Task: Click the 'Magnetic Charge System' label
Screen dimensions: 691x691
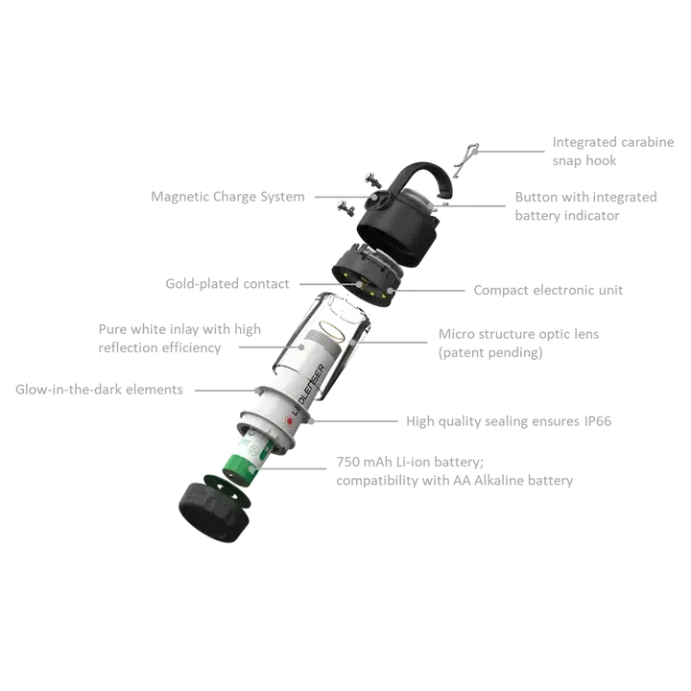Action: [227, 197]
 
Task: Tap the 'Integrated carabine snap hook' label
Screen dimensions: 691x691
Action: [613, 152]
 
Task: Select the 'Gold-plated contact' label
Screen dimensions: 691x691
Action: [227, 284]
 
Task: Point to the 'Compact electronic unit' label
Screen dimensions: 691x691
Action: [548, 291]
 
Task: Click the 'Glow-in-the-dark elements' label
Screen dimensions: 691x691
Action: [99, 390]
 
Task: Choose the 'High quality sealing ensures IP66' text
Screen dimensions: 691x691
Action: [509, 421]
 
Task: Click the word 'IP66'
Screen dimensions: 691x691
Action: [598, 421]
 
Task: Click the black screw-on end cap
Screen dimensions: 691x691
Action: [213, 512]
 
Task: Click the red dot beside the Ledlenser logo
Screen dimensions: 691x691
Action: [290, 421]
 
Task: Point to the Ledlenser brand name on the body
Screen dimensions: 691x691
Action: [308, 390]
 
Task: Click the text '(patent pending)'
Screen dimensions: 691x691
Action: [490, 353]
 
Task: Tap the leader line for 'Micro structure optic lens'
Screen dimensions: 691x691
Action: [390, 342]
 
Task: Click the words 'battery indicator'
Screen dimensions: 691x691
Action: [567, 216]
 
